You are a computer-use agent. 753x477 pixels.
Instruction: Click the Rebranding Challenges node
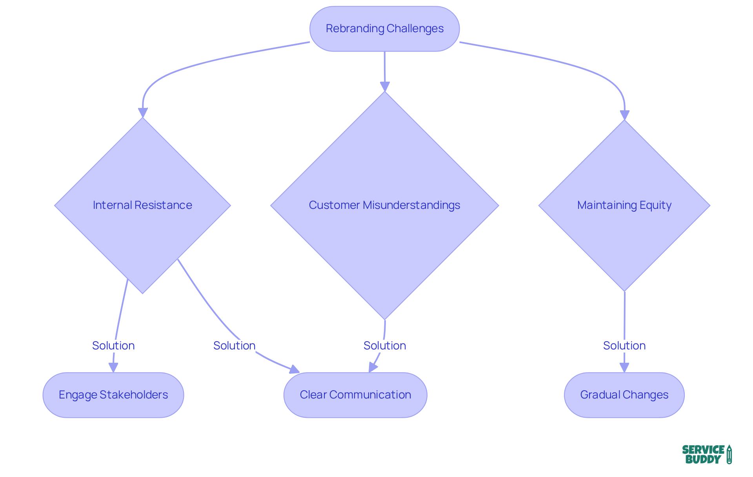(384, 29)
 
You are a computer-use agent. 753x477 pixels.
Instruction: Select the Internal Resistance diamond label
(142, 205)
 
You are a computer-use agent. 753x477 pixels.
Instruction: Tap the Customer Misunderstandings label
(384, 205)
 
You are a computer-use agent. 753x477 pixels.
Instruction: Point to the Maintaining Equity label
(624, 205)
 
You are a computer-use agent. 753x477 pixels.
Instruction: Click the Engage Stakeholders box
(113, 395)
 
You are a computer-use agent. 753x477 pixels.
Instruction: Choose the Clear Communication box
(355, 395)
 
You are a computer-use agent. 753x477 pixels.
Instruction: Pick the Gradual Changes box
(624, 395)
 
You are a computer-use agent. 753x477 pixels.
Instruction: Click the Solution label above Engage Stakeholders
(113, 345)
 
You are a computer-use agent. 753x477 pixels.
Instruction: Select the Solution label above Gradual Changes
(624, 345)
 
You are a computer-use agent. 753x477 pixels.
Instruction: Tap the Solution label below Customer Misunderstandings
(384, 345)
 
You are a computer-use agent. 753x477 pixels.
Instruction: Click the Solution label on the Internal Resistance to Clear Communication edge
(234, 345)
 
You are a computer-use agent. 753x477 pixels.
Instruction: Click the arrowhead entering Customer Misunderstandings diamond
(385, 86)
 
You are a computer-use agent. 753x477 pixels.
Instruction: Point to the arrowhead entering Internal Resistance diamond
(143, 113)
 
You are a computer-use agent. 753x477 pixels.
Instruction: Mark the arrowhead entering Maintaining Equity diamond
(624, 115)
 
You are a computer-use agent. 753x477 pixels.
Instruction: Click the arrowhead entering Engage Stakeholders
(113, 367)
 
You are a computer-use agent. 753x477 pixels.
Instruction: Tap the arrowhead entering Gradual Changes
(624, 367)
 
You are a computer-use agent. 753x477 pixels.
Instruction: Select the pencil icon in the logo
(729, 454)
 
